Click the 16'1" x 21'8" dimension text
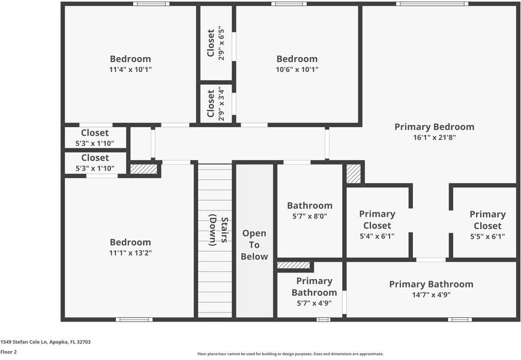434,137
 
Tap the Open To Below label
254,245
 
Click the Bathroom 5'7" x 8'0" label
309,210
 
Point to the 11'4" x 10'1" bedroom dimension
130,70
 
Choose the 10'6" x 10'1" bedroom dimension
297,70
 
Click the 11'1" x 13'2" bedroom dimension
130,253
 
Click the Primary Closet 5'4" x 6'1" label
377,225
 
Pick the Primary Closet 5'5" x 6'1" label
487,225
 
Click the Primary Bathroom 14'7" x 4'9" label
431,289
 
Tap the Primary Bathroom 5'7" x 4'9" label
314,292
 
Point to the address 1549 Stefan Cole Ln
46,341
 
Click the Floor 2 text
8,352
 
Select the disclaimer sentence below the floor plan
291,354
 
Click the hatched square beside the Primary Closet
354,174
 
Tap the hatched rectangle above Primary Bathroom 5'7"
294,265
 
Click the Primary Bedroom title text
434,127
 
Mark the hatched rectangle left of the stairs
144,170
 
